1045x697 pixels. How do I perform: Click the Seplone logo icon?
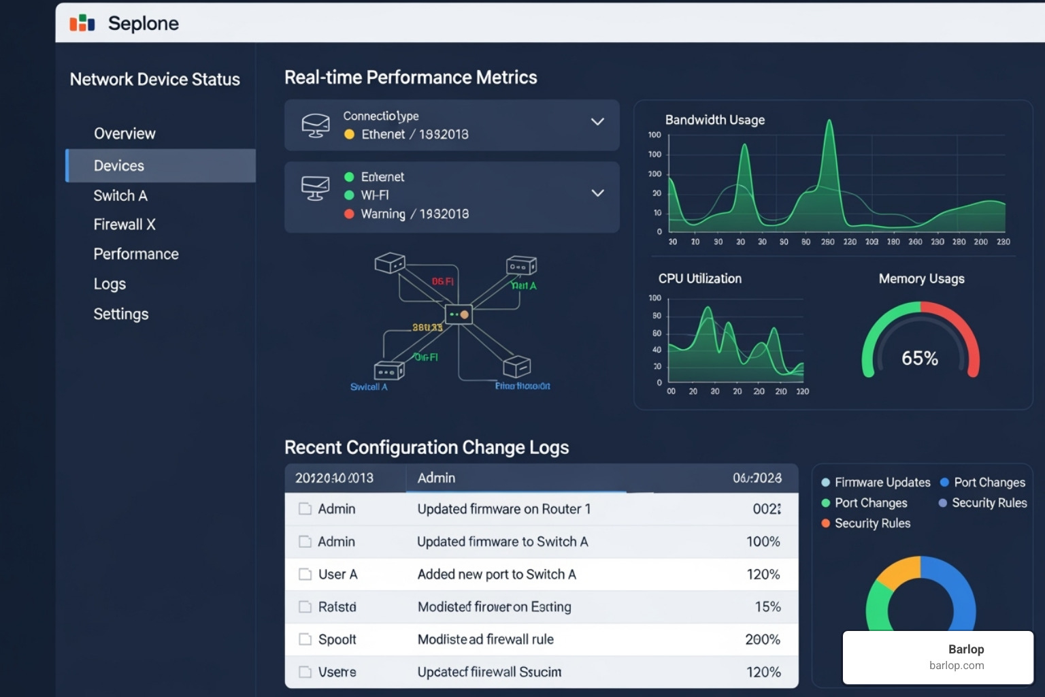point(82,23)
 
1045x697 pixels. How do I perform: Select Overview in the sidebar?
point(125,133)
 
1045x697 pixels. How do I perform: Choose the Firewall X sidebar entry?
point(125,225)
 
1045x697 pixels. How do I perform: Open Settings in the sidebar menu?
point(121,314)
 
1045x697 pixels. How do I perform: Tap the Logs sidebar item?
point(110,284)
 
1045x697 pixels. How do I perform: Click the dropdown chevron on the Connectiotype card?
point(597,122)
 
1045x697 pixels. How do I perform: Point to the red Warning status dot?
point(349,214)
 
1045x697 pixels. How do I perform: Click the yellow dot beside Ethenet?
point(349,134)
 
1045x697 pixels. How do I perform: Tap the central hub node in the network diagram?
point(459,314)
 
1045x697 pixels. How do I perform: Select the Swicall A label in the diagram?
point(369,387)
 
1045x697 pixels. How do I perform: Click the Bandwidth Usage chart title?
point(714,120)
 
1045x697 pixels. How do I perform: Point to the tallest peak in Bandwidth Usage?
point(829,123)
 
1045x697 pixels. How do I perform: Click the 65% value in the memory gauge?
point(920,358)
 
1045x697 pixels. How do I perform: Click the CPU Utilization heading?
point(699,278)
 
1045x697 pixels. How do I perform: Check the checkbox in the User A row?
point(305,574)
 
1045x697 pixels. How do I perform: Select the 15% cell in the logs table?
point(767,606)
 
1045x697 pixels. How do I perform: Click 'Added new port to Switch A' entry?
point(497,574)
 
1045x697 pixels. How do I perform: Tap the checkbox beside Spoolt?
point(305,639)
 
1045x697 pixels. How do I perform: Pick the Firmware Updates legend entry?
point(882,482)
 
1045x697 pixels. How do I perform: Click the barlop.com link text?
point(957,665)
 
